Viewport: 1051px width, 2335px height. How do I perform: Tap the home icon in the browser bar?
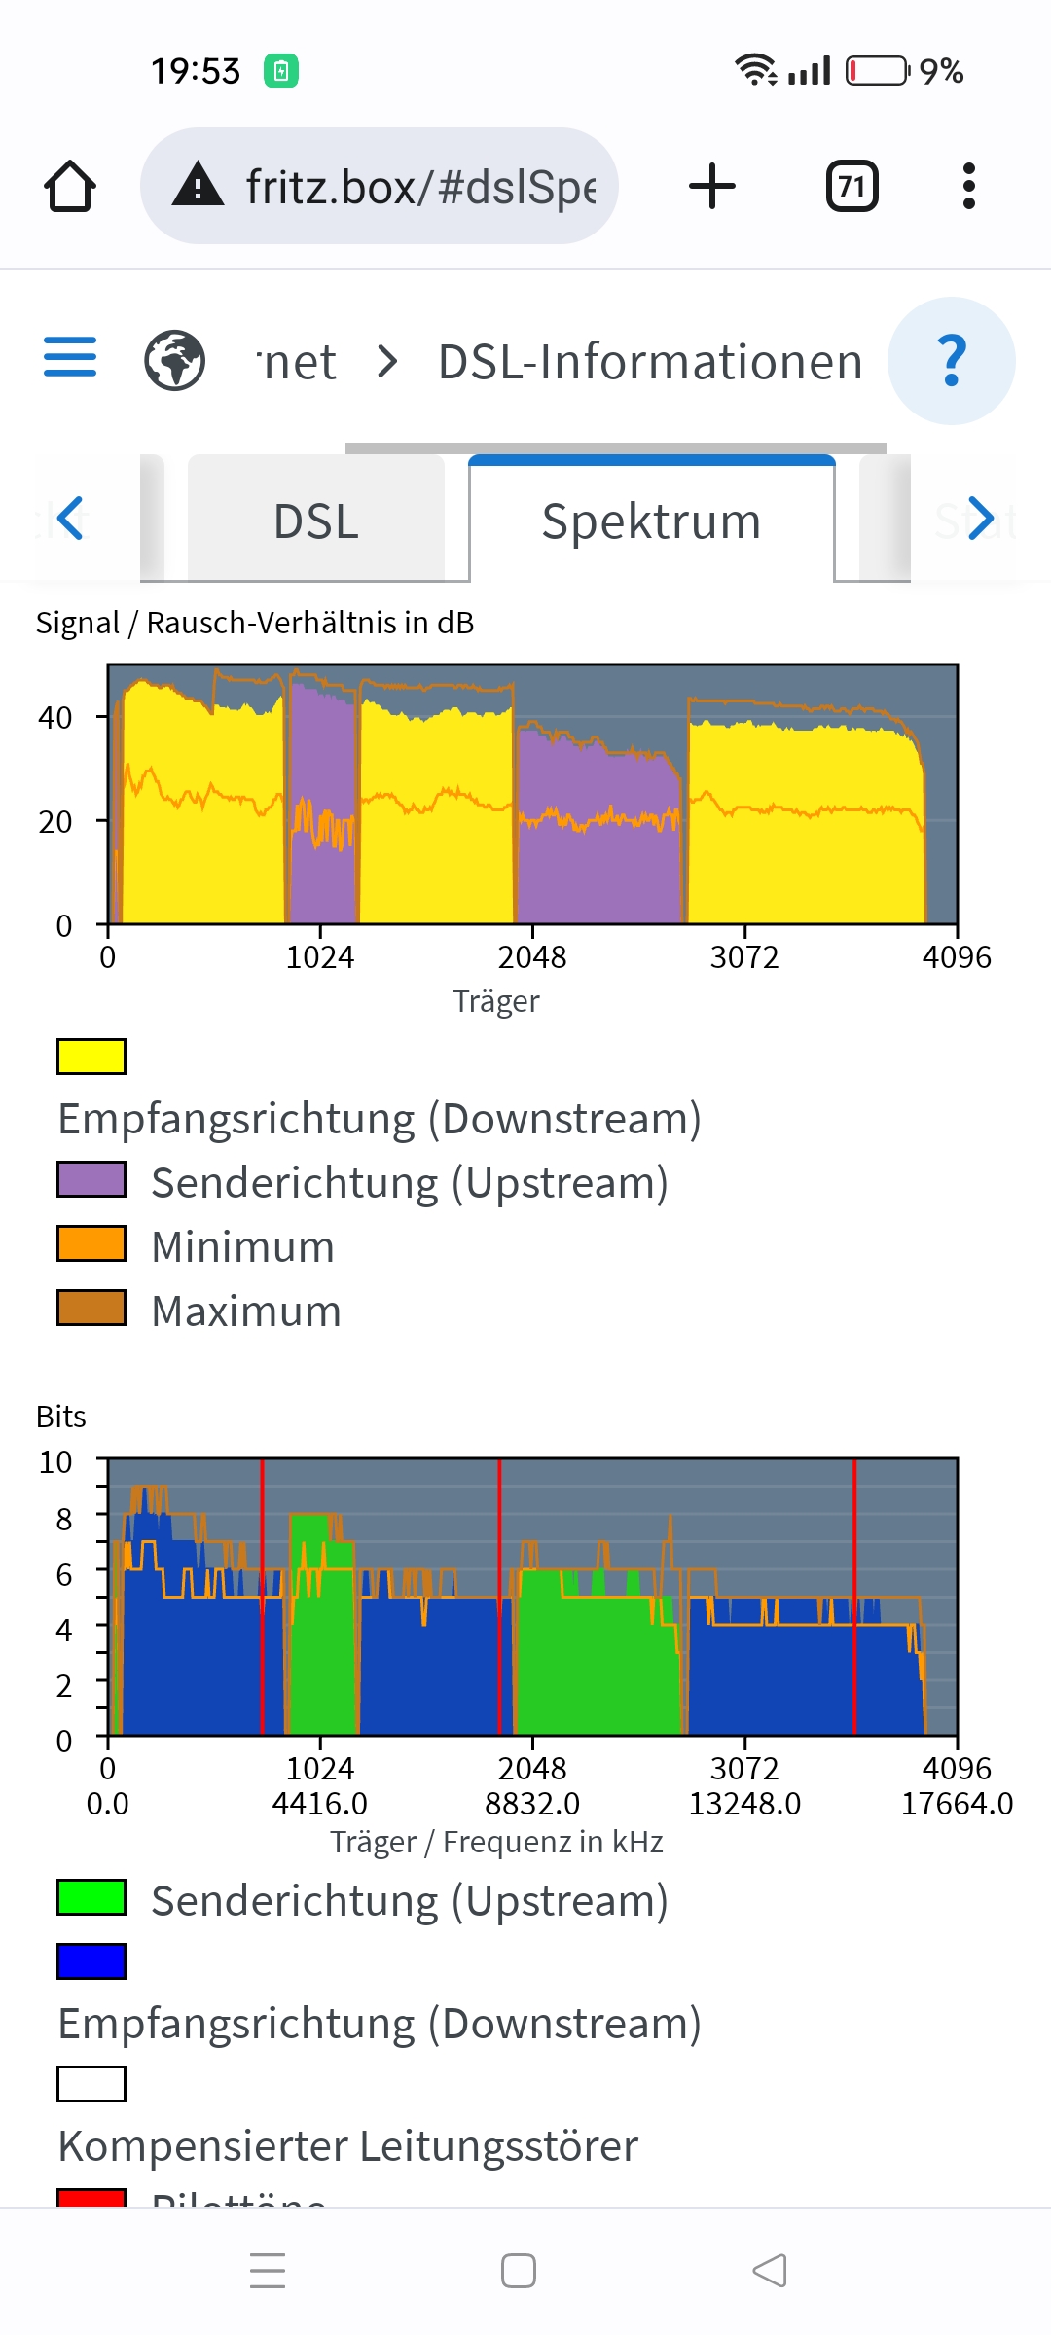pyautogui.click(x=70, y=186)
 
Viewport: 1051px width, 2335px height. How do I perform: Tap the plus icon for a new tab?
pyautogui.click(x=712, y=186)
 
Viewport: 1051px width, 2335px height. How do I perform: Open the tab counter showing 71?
pyautogui.click(x=852, y=186)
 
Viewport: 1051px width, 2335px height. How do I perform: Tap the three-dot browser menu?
pyautogui.click(x=968, y=186)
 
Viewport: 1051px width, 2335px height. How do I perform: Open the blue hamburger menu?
pyautogui.click(x=70, y=357)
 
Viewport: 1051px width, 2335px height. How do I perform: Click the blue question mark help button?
pyautogui.click(x=951, y=361)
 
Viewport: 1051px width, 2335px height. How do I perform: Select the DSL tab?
pyautogui.click(x=316, y=521)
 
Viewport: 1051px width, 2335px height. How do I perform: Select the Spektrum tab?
pyautogui.click(x=651, y=521)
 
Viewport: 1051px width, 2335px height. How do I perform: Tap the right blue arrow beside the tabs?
pyautogui.click(x=980, y=518)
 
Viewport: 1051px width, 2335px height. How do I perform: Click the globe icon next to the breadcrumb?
pyautogui.click(x=175, y=361)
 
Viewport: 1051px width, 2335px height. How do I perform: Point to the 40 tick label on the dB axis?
pyautogui.click(x=55, y=718)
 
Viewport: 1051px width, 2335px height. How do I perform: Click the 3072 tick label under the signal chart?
pyautogui.click(x=744, y=957)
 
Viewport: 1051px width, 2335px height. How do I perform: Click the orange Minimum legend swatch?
pyautogui.click(x=91, y=1243)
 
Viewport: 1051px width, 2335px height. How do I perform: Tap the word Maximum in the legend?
pyautogui.click(x=246, y=1311)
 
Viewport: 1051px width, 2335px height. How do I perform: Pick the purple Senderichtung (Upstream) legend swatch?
pyautogui.click(x=91, y=1179)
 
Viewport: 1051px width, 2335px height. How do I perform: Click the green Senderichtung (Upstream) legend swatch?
pyautogui.click(x=91, y=1897)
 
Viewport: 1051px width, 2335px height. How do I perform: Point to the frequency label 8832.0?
pyautogui.click(x=532, y=1804)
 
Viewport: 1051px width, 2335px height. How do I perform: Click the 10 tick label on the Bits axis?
pyautogui.click(x=55, y=1462)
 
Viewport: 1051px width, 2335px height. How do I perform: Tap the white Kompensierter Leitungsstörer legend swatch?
pyautogui.click(x=91, y=2084)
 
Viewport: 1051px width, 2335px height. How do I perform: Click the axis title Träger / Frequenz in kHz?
pyautogui.click(x=496, y=1842)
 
